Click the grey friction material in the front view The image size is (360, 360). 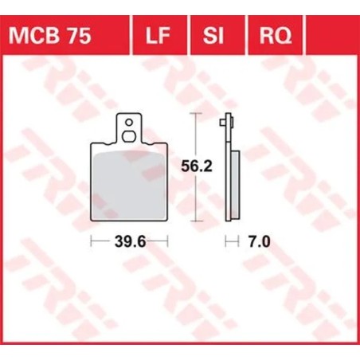(129, 183)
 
